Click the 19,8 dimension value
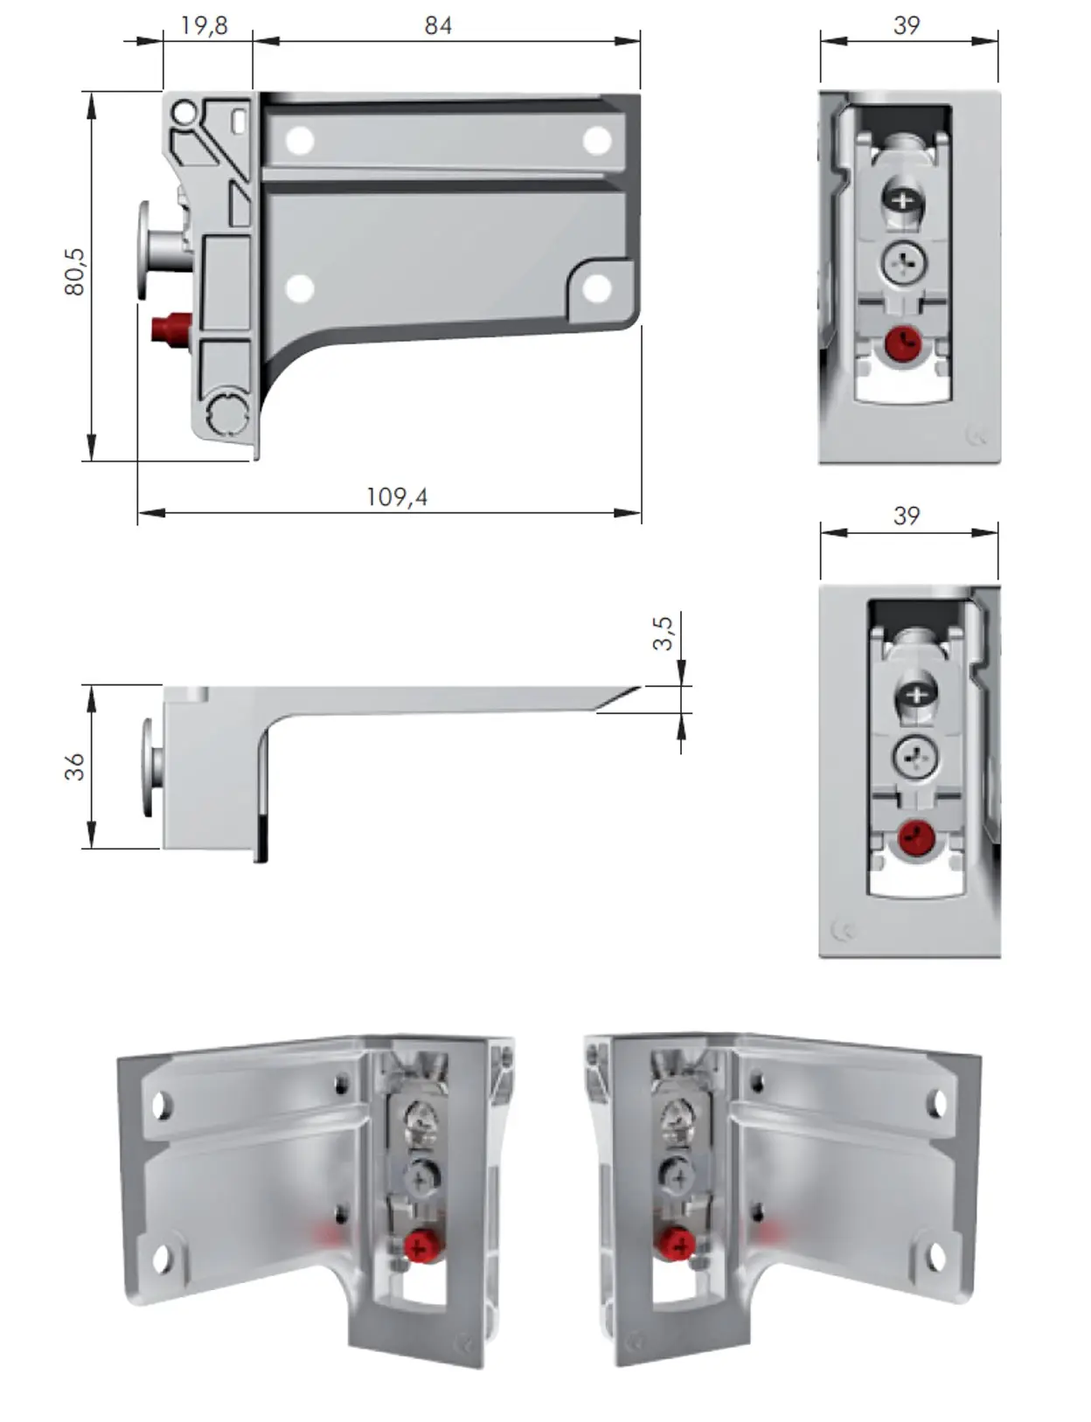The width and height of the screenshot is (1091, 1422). [204, 25]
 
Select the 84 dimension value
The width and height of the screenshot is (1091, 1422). [438, 25]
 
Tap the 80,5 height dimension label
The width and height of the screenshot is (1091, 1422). [75, 271]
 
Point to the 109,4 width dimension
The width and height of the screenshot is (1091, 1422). [396, 496]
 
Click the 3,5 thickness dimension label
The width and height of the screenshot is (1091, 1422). [663, 633]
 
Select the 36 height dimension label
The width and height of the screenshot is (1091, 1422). [75, 766]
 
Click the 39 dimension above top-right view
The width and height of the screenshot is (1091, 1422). [907, 25]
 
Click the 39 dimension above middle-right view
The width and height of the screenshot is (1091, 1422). [907, 516]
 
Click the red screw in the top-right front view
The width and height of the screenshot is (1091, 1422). [902, 343]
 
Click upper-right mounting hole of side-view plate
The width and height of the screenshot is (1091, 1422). [597, 141]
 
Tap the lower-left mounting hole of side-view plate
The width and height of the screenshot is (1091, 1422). [300, 288]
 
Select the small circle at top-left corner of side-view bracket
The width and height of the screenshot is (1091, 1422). [184, 113]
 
